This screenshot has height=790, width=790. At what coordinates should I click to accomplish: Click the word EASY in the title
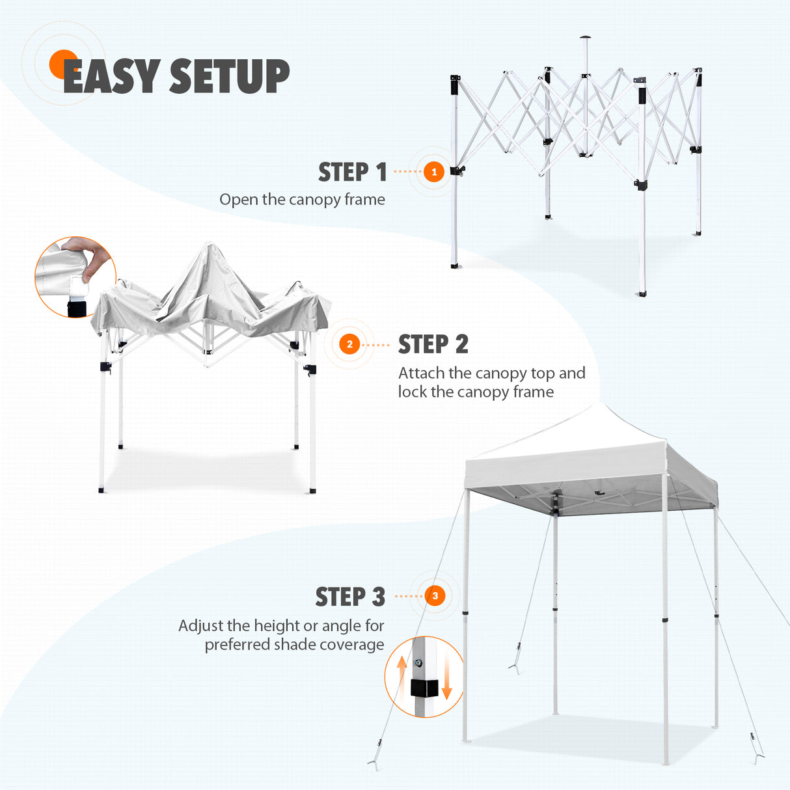(x=111, y=77)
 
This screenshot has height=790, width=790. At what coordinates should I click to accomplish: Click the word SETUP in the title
(x=229, y=77)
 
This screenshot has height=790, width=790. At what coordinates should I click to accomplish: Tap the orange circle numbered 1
(x=434, y=172)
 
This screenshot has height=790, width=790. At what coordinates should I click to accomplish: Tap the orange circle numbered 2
(x=349, y=344)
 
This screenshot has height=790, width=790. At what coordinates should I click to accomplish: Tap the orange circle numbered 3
(x=435, y=595)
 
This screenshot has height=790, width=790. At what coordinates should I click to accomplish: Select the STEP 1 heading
(x=352, y=172)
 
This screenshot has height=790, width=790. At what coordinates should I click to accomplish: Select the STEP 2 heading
(x=433, y=344)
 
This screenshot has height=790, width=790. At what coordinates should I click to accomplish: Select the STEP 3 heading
(x=350, y=597)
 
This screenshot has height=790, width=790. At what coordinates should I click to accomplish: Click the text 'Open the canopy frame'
(x=302, y=199)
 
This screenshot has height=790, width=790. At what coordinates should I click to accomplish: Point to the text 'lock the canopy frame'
(x=476, y=392)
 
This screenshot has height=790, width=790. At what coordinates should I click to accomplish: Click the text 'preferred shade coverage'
(x=294, y=644)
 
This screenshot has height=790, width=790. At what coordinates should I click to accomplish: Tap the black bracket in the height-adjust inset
(x=424, y=688)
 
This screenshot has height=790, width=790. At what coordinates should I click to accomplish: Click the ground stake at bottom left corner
(x=373, y=763)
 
